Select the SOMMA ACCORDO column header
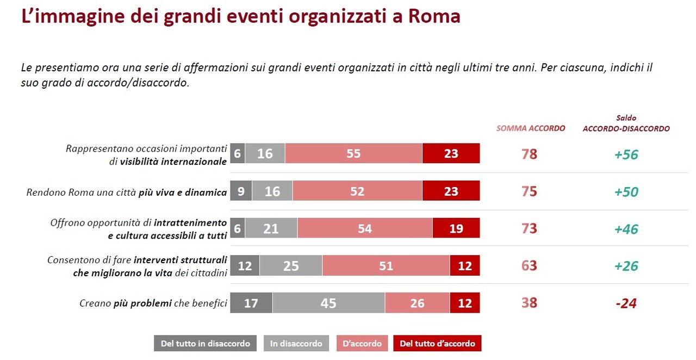point(530,129)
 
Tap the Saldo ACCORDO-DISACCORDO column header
point(626,123)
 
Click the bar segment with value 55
point(353,154)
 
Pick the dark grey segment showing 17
point(251,303)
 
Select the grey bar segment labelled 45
point(328,303)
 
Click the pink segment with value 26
point(417,303)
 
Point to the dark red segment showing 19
point(456,229)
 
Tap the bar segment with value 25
point(291,266)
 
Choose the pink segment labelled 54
point(365,229)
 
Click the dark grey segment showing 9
point(241,191)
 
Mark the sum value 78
point(529,154)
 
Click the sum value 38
point(529,303)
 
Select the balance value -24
point(626,303)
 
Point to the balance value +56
point(626,154)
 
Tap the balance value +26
point(626,266)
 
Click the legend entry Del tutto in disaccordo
point(206,344)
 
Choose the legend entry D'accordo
point(363,344)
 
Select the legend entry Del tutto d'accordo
point(437,344)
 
